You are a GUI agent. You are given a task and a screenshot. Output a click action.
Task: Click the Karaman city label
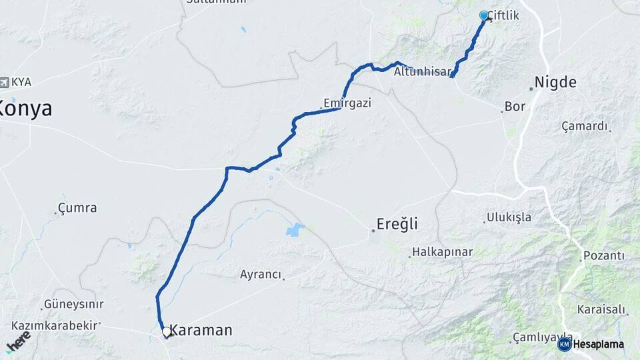tap(201, 330)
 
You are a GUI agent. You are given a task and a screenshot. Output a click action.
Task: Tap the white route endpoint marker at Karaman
tap(166, 331)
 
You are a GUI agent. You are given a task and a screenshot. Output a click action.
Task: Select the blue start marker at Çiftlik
tap(484, 15)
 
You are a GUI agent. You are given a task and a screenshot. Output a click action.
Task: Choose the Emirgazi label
tap(347, 103)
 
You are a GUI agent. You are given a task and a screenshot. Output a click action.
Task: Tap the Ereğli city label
tap(397, 225)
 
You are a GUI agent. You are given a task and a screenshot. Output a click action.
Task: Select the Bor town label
tap(515, 106)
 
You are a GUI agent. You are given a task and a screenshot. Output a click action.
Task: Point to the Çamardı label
tap(585, 126)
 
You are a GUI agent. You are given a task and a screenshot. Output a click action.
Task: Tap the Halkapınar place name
tap(443, 252)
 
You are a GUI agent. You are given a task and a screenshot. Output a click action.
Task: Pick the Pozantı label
tap(603, 256)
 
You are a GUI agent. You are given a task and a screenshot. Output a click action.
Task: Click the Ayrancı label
tap(261, 274)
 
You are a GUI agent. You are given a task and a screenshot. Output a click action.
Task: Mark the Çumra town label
tap(77, 208)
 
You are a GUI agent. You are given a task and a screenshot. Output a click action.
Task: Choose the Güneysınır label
tap(73, 304)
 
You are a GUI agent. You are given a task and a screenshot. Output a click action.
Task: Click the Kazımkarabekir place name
tap(55, 325)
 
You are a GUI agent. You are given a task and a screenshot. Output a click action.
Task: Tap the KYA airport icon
tap(5, 82)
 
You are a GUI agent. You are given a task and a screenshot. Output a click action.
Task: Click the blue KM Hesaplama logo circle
tap(565, 344)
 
